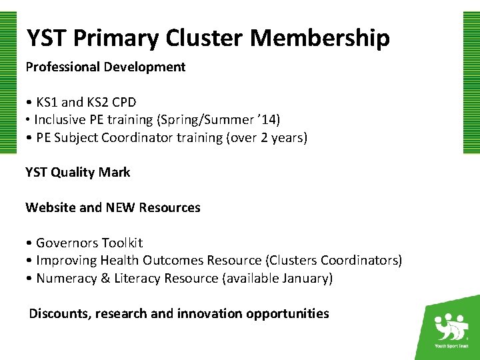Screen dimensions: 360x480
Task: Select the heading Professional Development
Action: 105,67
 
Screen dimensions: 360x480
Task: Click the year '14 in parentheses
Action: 269,120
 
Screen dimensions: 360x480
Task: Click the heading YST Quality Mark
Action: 78,172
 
